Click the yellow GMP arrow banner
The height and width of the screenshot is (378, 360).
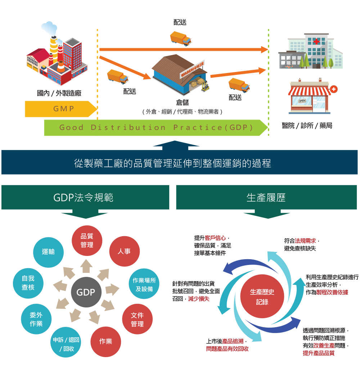(x=59, y=109)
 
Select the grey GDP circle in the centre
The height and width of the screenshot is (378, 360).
(x=86, y=292)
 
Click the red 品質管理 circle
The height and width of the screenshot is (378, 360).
(x=87, y=240)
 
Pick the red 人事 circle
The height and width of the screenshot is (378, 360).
(x=124, y=251)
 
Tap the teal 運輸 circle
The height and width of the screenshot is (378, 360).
(x=48, y=252)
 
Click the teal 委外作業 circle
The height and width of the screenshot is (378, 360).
(x=36, y=319)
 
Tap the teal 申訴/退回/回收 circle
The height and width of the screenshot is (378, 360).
(x=66, y=344)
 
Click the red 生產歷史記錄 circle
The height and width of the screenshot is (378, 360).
(x=262, y=297)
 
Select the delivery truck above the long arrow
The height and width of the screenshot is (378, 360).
(x=181, y=39)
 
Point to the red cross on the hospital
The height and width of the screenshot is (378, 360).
(x=316, y=42)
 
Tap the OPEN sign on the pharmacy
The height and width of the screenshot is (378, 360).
(x=302, y=100)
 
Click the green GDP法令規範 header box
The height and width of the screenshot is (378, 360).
(x=85, y=197)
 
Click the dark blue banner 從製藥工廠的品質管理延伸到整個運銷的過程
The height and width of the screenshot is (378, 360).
(x=179, y=163)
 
